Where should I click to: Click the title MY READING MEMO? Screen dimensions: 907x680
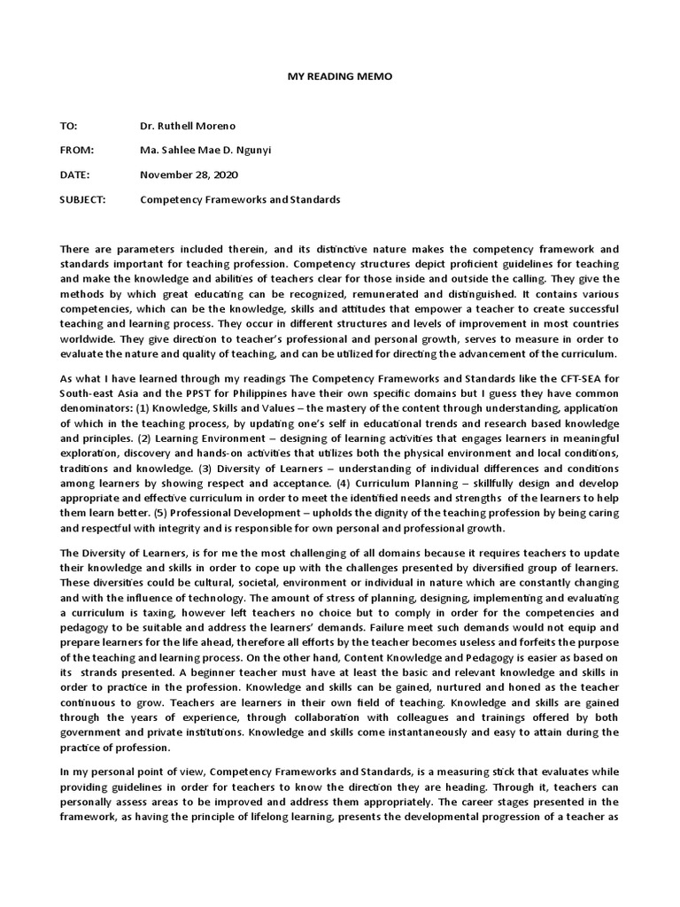(x=340, y=77)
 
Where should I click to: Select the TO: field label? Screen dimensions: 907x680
(x=69, y=127)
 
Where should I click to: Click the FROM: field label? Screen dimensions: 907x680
(x=76, y=151)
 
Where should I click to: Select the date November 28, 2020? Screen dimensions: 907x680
(x=189, y=175)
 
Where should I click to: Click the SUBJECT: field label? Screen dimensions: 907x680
(x=82, y=200)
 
